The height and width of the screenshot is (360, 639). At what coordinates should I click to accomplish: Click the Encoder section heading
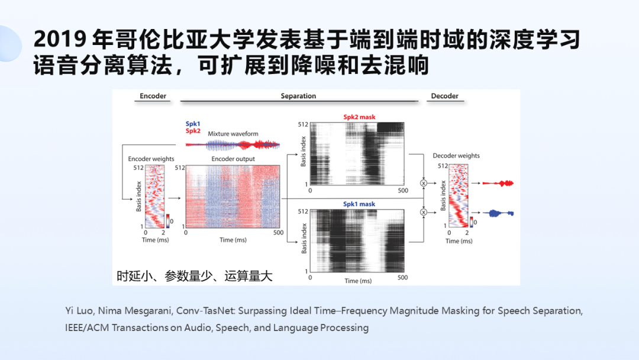pyautogui.click(x=153, y=96)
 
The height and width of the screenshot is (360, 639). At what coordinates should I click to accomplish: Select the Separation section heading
pyautogui.click(x=298, y=96)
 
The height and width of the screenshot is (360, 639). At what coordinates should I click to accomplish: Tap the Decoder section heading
pyautogui.click(x=445, y=96)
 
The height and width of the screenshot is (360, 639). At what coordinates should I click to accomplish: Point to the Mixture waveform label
pyautogui.click(x=233, y=134)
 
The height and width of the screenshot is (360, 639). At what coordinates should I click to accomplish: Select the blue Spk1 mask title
pyautogui.click(x=359, y=204)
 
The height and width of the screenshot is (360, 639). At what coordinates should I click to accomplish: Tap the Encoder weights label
pyautogui.click(x=151, y=159)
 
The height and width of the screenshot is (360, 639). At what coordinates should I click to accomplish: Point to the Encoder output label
pyautogui.click(x=233, y=159)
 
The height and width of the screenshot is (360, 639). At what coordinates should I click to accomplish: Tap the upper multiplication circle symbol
pyautogui.click(x=423, y=184)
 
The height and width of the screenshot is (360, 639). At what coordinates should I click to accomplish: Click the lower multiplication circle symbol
pyautogui.click(x=423, y=211)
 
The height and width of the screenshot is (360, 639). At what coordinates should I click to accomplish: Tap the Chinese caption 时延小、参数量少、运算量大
pyautogui.click(x=194, y=276)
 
